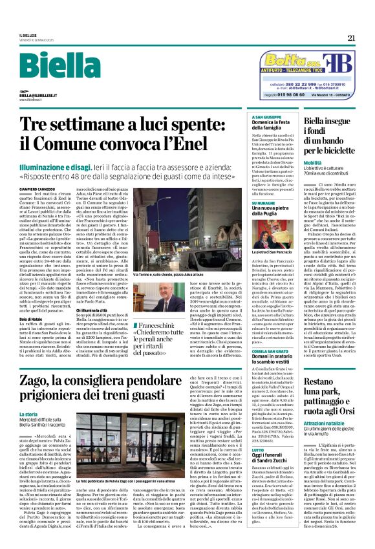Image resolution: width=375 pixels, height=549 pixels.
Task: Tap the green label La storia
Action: click(47, 413)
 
